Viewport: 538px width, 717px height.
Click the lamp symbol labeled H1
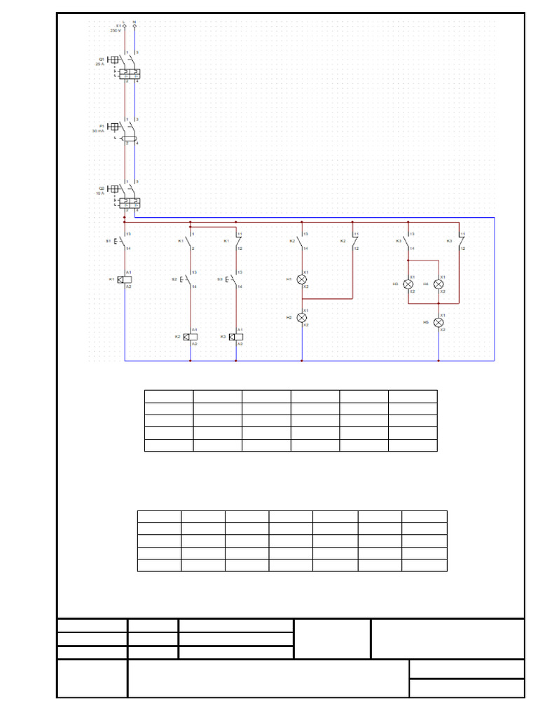[303, 279]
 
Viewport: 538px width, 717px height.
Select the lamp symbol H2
[303, 317]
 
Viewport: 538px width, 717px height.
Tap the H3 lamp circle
[408, 284]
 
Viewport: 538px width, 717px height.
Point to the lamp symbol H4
[439, 284]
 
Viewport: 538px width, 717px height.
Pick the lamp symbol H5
[439, 322]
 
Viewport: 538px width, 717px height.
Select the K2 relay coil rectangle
[190, 337]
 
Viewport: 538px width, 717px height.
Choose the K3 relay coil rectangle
[236, 337]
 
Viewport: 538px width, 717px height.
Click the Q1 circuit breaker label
[101, 59]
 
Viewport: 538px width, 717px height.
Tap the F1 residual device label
[101, 126]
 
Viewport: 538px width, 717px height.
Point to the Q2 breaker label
[101, 188]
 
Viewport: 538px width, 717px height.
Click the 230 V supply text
[116, 31]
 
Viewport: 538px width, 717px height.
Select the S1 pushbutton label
[108, 241]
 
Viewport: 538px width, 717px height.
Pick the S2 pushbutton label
[174, 279]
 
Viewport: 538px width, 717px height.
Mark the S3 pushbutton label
[219, 279]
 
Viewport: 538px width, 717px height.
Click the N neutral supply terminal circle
[134, 26]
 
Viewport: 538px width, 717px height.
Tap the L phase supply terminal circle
[125, 26]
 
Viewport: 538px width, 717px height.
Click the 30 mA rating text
[98, 131]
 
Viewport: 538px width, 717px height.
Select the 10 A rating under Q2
[99, 193]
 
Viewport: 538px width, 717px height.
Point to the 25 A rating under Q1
[99, 64]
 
